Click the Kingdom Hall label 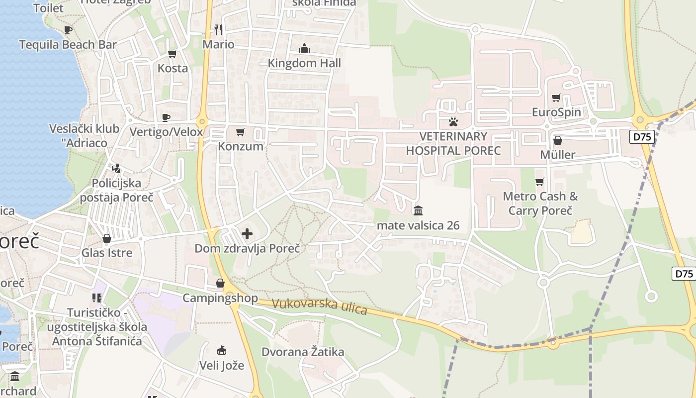click(304, 63)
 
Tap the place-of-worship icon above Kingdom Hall click(304, 49)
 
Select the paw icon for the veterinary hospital click(453, 121)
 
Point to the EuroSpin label click(556, 112)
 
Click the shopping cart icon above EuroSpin click(556, 98)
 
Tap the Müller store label click(557, 155)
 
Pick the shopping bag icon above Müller click(557, 141)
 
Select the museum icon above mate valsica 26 click(418, 211)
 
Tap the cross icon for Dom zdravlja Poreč click(247, 234)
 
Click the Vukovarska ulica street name click(320, 306)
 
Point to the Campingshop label click(220, 298)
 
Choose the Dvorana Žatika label click(303, 352)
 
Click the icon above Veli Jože click(222, 351)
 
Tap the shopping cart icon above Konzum click(241, 132)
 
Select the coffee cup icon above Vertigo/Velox click(166, 117)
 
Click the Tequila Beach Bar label click(68, 45)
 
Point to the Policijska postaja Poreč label click(117, 190)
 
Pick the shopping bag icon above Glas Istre click(107, 239)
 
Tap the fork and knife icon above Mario click(218, 29)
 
